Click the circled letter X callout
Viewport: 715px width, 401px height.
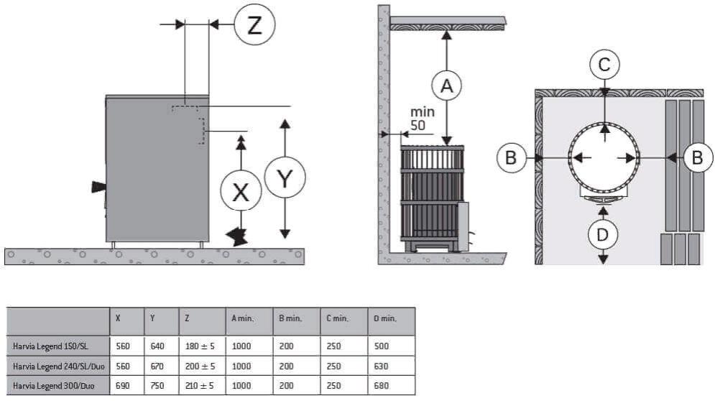(x=241, y=191)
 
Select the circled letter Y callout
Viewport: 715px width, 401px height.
(x=285, y=178)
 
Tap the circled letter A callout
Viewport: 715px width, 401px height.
(x=447, y=86)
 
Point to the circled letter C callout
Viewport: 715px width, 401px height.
(x=605, y=65)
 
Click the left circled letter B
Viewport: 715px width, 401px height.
(x=511, y=157)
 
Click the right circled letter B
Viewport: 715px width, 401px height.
(x=696, y=157)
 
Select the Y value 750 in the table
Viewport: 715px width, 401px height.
(x=157, y=385)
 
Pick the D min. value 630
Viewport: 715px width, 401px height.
(x=382, y=366)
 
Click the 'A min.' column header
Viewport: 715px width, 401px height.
(x=242, y=318)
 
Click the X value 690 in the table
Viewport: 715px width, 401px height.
(x=124, y=385)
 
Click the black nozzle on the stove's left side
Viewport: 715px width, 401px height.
(x=96, y=188)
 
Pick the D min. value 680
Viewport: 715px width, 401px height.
(x=382, y=385)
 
